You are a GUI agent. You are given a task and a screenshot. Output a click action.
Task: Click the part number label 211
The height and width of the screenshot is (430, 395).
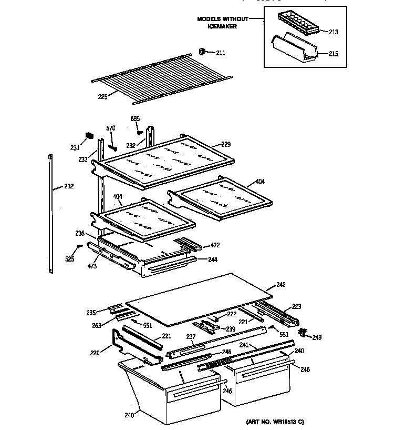[220, 52]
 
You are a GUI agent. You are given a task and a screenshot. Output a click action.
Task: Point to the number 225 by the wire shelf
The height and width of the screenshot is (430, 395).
[102, 96]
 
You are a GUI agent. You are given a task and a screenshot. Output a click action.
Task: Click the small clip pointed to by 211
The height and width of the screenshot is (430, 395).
[201, 51]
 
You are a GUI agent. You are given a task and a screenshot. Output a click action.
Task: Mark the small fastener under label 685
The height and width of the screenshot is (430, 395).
[139, 132]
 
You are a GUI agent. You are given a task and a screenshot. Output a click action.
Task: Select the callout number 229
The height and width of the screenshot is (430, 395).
[226, 144]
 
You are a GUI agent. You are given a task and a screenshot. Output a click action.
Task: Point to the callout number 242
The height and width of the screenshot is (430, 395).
[280, 285]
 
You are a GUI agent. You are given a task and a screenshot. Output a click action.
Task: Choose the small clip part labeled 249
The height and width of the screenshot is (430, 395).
[303, 332]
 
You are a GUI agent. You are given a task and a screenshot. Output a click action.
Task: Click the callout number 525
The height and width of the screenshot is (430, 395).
[69, 259]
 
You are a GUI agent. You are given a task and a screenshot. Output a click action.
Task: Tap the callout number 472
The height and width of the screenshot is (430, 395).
[215, 245]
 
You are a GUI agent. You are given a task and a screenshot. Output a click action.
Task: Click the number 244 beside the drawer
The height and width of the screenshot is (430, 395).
[212, 259]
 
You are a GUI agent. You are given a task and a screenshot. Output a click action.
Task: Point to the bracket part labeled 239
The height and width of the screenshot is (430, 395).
[211, 328]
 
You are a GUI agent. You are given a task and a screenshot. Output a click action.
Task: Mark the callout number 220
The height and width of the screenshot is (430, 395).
[94, 353]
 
